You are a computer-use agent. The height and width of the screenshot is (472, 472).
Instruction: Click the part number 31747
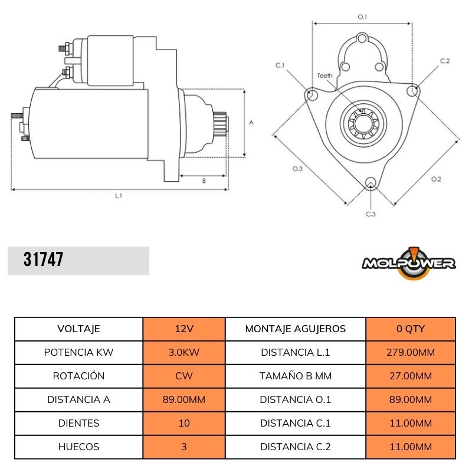point(44,260)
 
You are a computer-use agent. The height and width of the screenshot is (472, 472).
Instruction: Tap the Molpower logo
point(408,262)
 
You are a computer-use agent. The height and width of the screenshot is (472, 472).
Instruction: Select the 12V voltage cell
point(183,329)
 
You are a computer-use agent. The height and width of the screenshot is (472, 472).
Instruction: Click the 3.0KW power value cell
point(183,353)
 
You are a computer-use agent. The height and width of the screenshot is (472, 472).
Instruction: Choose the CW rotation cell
point(183,376)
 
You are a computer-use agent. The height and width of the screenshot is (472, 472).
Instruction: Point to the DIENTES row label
point(78,424)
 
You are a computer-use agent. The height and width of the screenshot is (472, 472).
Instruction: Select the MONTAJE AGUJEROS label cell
point(295,329)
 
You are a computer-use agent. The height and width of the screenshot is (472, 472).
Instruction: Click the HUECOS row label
point(78,447)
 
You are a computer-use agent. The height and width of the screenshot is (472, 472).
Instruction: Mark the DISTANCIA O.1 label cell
point(295,400)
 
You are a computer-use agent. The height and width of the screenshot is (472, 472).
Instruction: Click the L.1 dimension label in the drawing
point(119,195)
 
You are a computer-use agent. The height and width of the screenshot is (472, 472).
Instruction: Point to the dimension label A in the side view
point(251,123)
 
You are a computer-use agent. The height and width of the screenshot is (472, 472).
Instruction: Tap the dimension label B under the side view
point(204,181)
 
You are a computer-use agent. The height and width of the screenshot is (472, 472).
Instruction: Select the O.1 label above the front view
point(362,17)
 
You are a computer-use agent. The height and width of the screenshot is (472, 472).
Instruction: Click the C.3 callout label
point(371,214)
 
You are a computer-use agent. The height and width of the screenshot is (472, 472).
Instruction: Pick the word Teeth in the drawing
point(324,76)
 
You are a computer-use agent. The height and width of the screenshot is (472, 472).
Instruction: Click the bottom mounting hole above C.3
point(371,182)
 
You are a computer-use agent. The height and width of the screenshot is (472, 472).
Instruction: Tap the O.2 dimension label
point(436,179)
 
